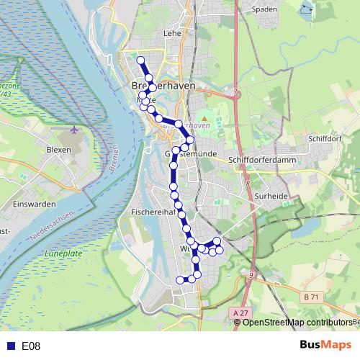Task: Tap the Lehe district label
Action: pyautogui.click(x=172, y=32)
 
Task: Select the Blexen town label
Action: pyautogui.click(x=58, y=149)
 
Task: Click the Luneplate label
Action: pyautogui.click(x=63, y=253)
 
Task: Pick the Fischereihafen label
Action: pyautogui.click(x=150, y=212)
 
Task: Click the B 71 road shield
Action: pyautogui.click(x=311, y=297)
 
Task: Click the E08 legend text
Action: pyautogui.click(x=31, y=346)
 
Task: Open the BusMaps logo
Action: pyautogui.click(x=325, y=346)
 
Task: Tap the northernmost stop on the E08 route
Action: pyautogui.click(x=141, y=60)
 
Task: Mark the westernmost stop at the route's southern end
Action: pyautogui.click(x=180, y=279)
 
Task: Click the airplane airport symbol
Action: pyautogui.click(x=76, y=130)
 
